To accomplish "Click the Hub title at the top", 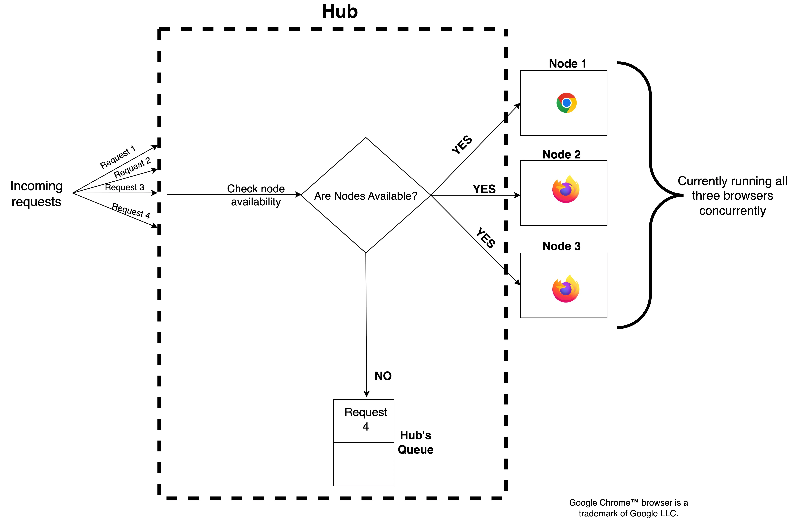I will (340, 12).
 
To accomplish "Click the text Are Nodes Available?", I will (365, 196).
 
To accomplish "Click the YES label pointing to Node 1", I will (462, 145).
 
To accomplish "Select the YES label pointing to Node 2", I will (484, 189).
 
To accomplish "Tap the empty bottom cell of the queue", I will (363, 464).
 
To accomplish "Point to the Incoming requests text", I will (36, 194).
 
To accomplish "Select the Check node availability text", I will (256, 195).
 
